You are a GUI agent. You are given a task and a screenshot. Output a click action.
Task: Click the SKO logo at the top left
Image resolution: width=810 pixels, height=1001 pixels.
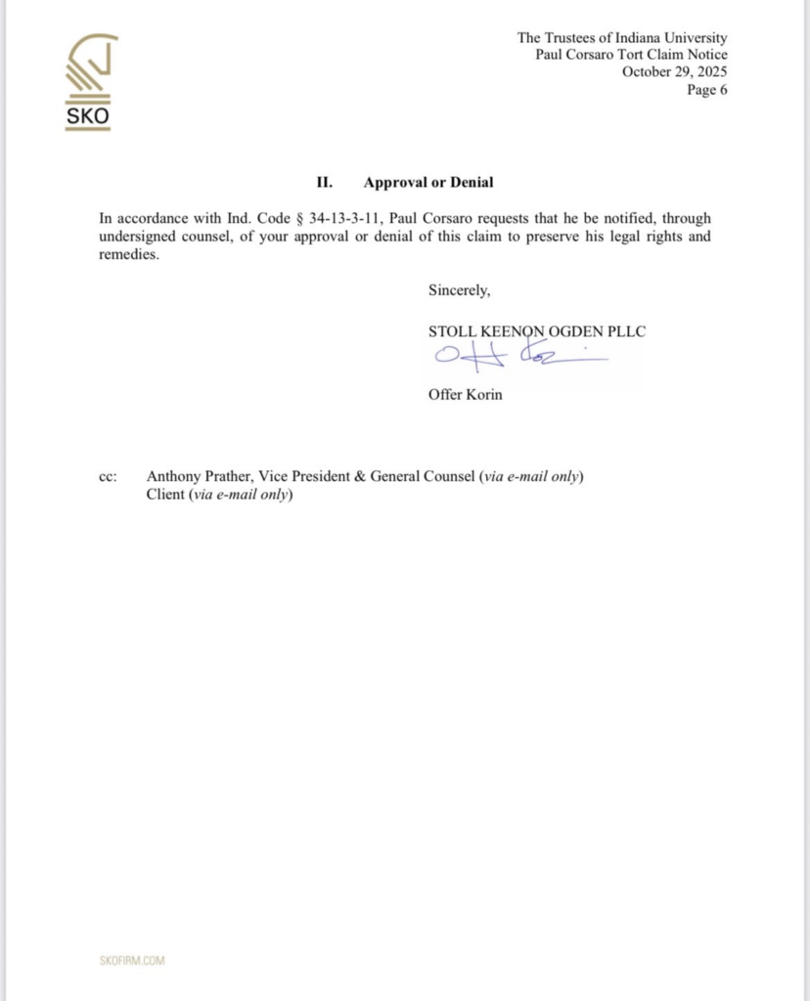87,82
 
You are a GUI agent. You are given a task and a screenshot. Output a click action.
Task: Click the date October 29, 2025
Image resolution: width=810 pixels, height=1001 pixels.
674,72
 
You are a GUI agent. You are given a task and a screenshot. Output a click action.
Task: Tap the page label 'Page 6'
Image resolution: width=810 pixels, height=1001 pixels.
706,90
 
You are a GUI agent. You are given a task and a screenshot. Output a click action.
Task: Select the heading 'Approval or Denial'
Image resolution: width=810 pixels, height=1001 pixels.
427,182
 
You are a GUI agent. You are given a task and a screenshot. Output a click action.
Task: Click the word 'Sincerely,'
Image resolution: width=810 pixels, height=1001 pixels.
459,289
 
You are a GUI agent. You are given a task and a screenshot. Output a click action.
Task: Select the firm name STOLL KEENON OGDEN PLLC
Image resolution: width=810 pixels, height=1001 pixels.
536,331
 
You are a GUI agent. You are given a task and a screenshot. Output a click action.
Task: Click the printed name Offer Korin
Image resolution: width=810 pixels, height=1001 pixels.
465,396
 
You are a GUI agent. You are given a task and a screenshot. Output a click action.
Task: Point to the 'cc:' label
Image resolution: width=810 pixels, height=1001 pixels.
108,477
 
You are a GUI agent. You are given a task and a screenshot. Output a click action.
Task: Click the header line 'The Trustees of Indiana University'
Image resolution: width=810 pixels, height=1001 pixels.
622,38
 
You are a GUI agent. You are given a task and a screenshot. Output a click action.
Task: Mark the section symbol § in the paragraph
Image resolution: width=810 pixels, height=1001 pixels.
299,218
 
